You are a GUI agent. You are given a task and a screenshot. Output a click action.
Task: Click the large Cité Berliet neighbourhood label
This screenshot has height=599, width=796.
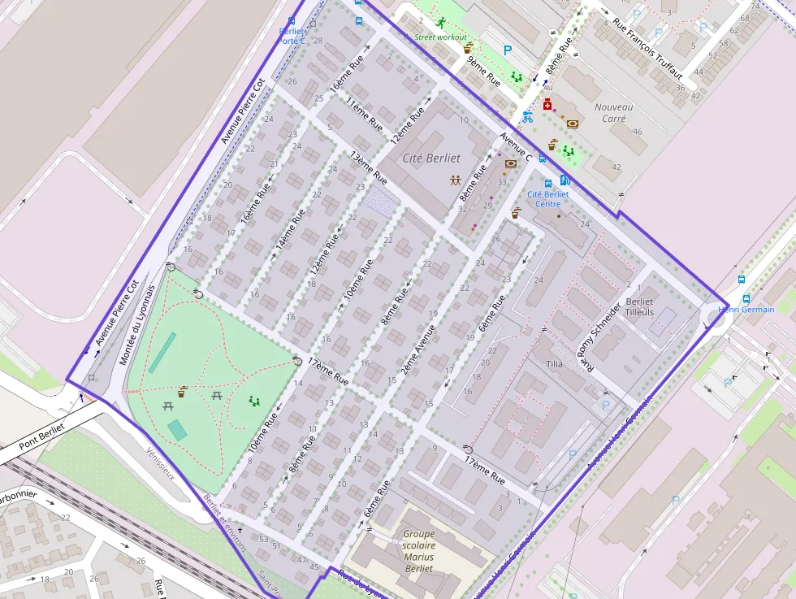(x=431, y=158)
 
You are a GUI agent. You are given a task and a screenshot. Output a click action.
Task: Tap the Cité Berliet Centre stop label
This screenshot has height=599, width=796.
(x=548, y=199)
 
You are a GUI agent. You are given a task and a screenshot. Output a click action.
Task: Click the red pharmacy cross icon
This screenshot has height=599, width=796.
(x=547, y=105)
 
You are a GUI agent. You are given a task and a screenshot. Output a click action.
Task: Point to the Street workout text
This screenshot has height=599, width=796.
(x=441, y=37)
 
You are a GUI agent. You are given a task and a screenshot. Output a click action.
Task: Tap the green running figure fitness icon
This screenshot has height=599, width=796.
(x=441, y=22)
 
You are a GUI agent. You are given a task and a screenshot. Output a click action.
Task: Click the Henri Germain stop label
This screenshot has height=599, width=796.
(x=746, y=310)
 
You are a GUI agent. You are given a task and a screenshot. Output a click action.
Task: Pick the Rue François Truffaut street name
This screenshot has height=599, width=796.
(x=647, y=48)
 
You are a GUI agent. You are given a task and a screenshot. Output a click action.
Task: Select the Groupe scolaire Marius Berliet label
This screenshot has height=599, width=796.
(x=418, y=551)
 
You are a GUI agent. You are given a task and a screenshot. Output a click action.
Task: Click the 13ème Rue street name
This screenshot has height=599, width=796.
(x=368, y=168)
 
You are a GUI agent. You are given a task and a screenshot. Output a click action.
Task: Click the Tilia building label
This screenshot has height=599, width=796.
(x=555, y=364)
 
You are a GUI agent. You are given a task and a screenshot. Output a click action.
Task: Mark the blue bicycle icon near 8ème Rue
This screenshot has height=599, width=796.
(x=527, y=116)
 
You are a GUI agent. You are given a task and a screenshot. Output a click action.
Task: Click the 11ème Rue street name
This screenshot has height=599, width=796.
(x=364, y=115)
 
